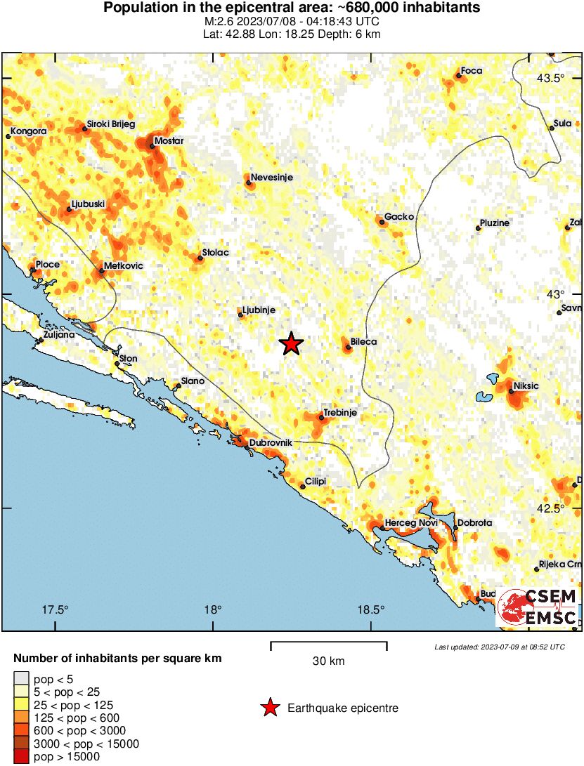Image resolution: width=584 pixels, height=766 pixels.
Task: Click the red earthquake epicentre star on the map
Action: pyautogui.click(x=291, y=344)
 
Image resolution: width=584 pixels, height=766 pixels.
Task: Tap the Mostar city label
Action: pyautogui.click(x=169, y=141)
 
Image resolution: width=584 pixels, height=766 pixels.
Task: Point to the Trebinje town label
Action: pyautogui.click(x=339, y=413)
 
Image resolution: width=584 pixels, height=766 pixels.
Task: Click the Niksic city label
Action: pyautogui.click(x=526, y=385)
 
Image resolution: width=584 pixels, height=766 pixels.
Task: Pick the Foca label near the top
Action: pyautogui.click(x=471, y=71)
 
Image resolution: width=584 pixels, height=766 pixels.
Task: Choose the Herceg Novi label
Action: pyautogui.click(x=411, y=523)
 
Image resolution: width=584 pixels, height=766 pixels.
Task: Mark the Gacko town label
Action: pyautogui.click(x=399, y=217)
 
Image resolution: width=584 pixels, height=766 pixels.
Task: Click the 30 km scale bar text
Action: pyautogui.click(x=328, y=661)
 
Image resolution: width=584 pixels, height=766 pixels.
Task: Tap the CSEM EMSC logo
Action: pyautogui.click(x=538, y=607)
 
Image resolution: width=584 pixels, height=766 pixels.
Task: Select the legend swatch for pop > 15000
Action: pyautogui.click(x=22, y=757)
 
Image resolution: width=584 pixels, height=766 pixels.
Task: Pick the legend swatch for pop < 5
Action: pyautogui.click(x=22, y=679)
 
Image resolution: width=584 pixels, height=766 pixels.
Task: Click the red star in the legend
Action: pyautogui.click(x=270, y=708)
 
